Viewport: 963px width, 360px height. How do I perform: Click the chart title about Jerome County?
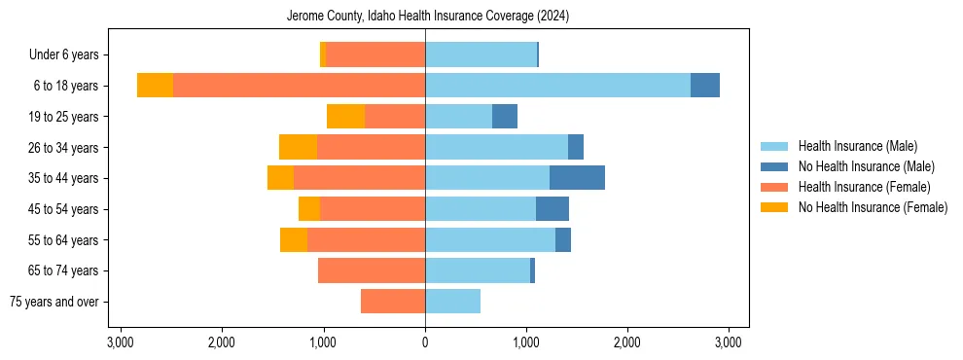point(427,17)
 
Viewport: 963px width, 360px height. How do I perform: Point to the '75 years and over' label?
point(53,302)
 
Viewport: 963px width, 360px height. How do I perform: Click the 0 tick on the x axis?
point(425,342)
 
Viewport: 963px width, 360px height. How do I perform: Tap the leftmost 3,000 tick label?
point(121,342)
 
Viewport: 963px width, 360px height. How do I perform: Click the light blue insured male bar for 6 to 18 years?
point(557,86)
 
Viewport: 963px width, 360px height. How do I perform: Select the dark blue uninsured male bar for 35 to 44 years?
point(577,178)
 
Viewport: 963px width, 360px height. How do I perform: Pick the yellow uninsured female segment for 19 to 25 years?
point(345,117)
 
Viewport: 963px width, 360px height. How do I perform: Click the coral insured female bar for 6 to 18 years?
point(299,86)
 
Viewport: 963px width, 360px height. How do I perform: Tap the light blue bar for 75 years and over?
point(452,302)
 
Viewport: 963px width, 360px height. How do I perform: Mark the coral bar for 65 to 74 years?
point(372,270)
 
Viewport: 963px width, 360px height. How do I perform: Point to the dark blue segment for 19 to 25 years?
point(504,117)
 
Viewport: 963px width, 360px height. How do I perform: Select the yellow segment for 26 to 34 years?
point(298,147)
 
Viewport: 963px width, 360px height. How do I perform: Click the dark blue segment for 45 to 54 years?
point(552,209)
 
